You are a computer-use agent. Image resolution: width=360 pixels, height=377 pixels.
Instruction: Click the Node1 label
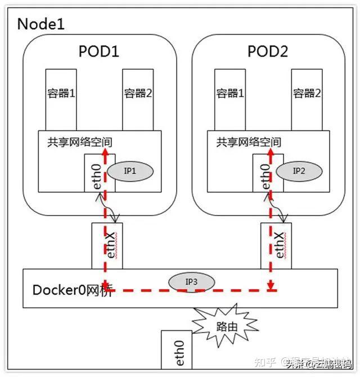[x=41, y=24]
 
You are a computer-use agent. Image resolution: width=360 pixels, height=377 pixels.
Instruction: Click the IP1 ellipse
[x=130, y=171]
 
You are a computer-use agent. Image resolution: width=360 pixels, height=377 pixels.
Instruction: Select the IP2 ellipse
[x=299, y=170]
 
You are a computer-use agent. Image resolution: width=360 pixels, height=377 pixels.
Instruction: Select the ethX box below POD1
[x=107, y=245]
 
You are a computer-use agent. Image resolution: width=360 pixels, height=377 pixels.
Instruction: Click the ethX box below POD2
[x=276, y=245]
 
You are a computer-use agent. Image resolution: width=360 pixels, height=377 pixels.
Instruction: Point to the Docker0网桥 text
[x=71, y=290]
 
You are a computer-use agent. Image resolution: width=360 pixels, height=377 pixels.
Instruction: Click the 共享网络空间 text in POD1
[x=79, y=142]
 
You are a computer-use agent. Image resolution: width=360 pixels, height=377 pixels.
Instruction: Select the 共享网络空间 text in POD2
[x=249, y=142]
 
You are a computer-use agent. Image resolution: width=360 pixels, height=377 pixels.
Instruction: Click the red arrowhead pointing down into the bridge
[x=271, y=286]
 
